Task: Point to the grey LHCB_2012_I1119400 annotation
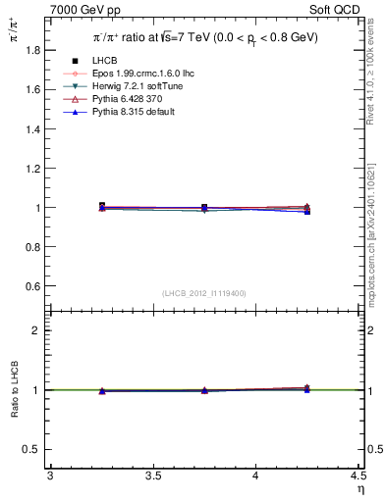pyautogui.click(x=204, y=293)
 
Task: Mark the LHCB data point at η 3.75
pyautogui.click(x=204, y=208)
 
